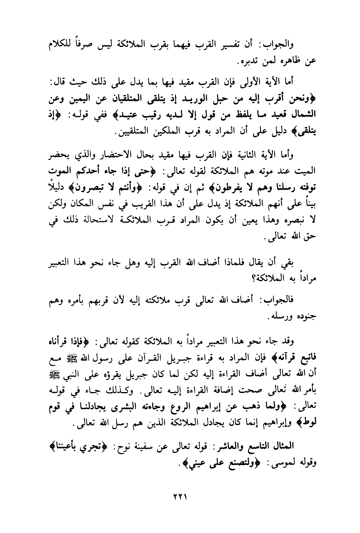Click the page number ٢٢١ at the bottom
179,497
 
